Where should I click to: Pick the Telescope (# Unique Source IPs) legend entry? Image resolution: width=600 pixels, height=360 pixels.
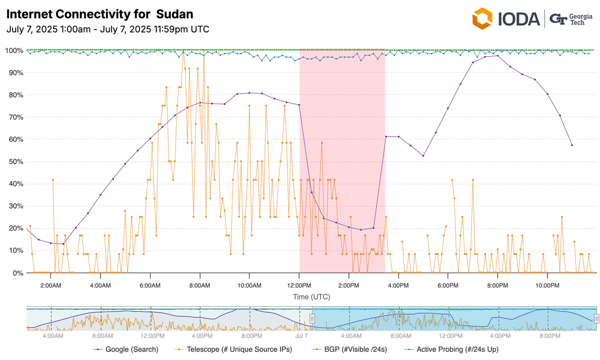coord(232,349)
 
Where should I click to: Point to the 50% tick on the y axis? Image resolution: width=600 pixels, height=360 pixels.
coord(13,161)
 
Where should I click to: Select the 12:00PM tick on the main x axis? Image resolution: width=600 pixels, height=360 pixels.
coord(299,285)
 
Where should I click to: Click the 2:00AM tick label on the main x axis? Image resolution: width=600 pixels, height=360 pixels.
coord(51,285)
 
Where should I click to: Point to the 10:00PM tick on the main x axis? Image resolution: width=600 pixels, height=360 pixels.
coord(547,285)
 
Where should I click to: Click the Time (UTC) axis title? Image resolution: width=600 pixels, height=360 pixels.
coord(311,297)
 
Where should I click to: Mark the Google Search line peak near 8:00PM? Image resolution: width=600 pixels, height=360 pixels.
coord(497,56)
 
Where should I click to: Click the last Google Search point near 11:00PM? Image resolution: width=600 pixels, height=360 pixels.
coord(572,145)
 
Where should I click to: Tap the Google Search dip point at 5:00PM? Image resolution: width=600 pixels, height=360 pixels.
coord(423,156)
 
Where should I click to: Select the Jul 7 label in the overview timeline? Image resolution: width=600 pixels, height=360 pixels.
coord(301,336)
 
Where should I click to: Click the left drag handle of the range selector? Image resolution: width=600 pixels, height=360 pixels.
coord(312,318)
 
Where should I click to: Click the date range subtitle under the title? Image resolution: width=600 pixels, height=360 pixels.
coord(108,29)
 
